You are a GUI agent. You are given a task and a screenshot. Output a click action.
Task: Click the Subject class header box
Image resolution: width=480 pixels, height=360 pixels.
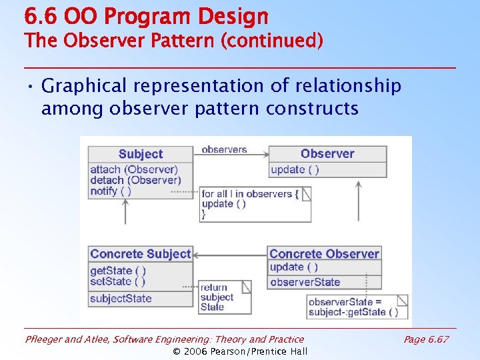click(141, 154)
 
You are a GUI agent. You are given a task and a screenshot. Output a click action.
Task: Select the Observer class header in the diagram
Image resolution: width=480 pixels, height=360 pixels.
click(327, 153)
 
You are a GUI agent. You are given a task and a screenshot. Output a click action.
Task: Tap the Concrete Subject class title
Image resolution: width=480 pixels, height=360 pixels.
click(141, 254)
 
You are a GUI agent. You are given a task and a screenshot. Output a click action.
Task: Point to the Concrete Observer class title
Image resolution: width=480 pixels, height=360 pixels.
click(325, 254)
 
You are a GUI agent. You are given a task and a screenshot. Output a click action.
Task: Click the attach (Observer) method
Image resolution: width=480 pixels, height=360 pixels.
click(134, 169)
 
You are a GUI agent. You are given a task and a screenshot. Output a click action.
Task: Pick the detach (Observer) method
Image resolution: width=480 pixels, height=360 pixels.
click(135, 180)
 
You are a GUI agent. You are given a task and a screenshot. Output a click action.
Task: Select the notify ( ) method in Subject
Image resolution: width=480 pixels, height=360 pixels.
click(111, 191)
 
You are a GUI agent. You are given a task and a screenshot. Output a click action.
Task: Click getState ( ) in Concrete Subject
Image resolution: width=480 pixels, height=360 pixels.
click(118, 271)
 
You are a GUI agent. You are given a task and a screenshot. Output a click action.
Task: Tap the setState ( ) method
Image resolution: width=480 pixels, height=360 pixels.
click(118, 281)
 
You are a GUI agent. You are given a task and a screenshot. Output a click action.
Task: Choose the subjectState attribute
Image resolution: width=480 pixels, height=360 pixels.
click(121, 298)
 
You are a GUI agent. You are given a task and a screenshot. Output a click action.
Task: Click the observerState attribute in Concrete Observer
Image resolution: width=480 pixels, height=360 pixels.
click(305, 282)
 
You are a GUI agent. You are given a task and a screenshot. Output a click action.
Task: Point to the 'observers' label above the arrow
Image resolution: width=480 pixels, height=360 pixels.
click(224, 149)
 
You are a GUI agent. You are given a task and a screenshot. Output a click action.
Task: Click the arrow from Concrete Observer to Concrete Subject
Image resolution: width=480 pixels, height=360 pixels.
click(231, 255)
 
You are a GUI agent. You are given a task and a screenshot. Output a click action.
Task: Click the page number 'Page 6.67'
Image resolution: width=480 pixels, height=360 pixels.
click(427, 339)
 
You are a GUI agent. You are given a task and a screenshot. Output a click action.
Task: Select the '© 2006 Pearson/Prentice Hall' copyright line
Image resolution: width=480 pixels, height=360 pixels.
click(240, 351)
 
